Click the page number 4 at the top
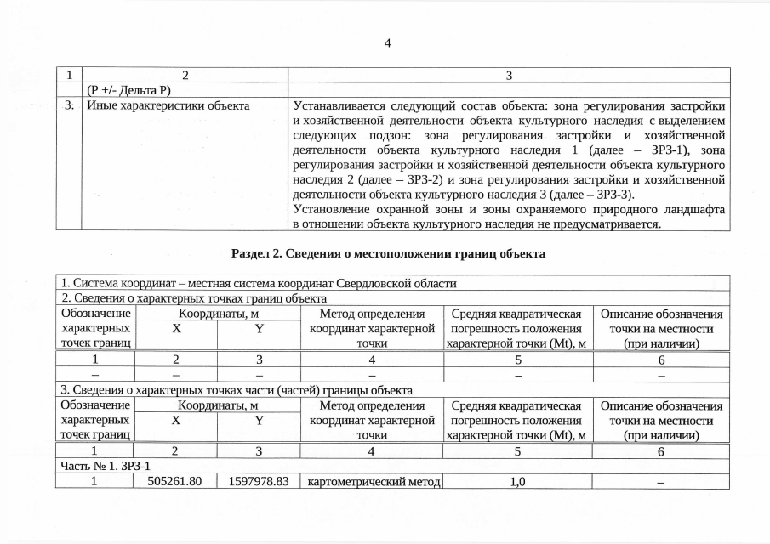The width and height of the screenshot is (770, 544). point(387,43)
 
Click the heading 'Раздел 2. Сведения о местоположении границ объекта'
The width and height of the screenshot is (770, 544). point(388,253)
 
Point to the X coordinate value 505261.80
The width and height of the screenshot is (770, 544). point(175,481)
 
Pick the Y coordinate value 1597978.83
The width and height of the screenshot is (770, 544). point(259,481)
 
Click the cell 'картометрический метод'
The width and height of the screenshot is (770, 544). point(374,481)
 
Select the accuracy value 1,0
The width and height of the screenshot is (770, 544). point(516,481)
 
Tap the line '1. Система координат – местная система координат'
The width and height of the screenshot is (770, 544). point(259,284)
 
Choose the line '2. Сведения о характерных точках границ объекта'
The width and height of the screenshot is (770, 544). point(194,298)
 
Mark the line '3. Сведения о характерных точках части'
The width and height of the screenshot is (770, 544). point(237,390)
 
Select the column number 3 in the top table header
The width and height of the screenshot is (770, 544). point(509,75)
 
